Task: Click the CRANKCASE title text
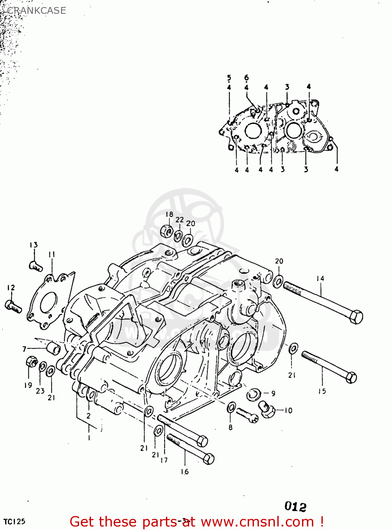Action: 36,11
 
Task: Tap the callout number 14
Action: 320,278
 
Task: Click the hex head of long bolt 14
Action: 356,317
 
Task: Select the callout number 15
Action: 322,391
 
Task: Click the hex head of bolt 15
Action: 351,377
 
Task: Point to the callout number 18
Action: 169,214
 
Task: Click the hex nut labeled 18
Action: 166,231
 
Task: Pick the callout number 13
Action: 34,245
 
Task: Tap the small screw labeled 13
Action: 35,265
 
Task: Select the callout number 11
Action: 52,254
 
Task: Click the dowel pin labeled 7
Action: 54,348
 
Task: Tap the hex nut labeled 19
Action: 31,362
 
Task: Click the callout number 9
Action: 273,393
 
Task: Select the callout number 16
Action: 185,471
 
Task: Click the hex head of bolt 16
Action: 208,458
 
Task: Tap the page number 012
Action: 295,506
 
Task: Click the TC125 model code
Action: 14,522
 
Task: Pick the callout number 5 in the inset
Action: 229,78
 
